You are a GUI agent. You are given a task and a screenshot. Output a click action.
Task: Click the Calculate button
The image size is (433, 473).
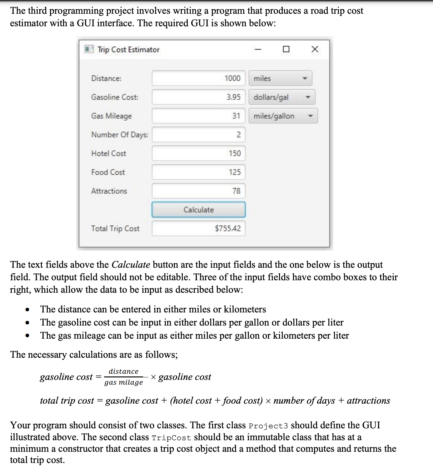(x=198, y=210)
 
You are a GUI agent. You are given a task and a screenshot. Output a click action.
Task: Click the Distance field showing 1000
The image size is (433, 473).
(x=198, y=78)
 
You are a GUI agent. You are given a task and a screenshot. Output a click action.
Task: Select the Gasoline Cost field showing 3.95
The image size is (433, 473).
(x=198, y=97)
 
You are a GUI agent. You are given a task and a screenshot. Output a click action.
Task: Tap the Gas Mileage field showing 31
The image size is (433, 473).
(x=198, y=116)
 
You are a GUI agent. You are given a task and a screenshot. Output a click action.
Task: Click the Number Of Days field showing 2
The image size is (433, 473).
(x=198, y=135)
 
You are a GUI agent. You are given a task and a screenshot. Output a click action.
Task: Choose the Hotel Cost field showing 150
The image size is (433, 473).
(x=198, y=153)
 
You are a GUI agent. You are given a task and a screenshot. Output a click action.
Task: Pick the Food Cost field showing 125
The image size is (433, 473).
(x=198, y=172)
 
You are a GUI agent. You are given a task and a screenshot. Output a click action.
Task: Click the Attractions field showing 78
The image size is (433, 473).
(x=198, y=191)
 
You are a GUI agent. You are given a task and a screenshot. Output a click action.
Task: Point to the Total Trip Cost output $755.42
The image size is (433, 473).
(x=198, y=228)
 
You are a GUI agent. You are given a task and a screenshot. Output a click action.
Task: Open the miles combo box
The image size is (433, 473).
(x=280, y=78)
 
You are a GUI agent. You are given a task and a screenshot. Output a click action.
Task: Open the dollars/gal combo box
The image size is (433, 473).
(x=282, y=97)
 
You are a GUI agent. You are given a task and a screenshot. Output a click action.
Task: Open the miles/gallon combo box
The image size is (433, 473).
(x=283, y=116)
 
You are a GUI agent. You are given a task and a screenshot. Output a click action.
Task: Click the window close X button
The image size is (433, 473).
(x=315, y=49)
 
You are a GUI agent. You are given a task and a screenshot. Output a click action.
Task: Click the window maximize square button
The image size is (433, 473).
(x=286, y=49)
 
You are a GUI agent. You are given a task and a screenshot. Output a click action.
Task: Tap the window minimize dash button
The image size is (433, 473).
(x=258, y=49)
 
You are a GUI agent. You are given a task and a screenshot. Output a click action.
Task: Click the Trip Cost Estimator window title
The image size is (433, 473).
(x=128, y=50)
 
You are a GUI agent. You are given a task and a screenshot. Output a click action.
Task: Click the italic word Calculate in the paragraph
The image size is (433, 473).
(x=131, y=265)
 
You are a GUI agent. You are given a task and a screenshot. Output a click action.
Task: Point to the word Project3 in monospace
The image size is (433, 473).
(x=268, y=426)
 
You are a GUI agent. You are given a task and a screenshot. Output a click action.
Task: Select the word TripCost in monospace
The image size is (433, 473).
(x=171, y=438)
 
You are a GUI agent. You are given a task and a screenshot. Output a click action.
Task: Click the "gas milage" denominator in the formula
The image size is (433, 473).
(x=123, y=382)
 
